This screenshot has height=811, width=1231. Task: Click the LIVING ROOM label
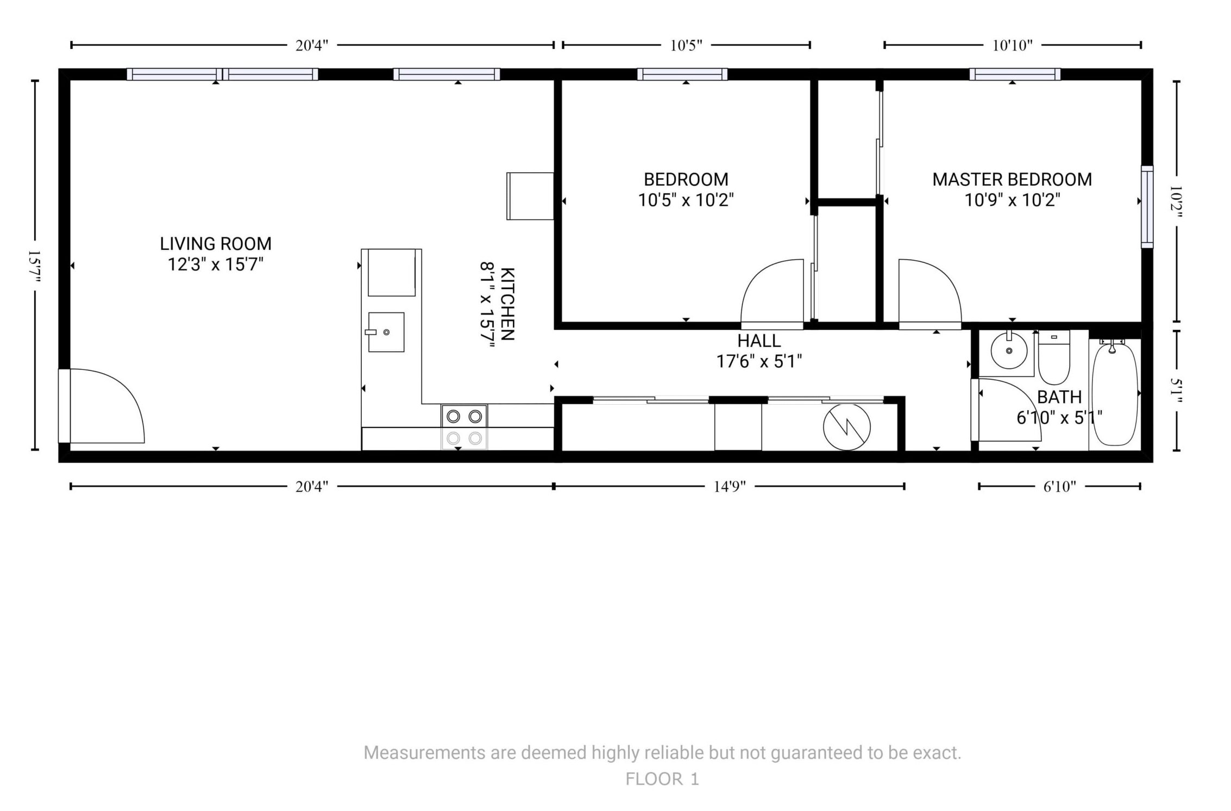tap(216, 243)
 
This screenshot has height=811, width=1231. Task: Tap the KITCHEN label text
tap(507, 304)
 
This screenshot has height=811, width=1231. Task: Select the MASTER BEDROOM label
tap(1012, 179)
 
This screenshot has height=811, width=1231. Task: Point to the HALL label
tap(759, 341)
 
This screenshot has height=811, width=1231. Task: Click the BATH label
tap(1059, 397)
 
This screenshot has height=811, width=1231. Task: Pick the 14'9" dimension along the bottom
tap(730, 486)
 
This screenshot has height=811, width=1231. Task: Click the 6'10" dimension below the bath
tap(1059, 486)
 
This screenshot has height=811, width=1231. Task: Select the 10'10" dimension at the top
tap(1012, 45)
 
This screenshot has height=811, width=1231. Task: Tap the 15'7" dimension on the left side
tap(35, 266)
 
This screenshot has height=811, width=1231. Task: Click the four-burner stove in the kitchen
tap(464, 427)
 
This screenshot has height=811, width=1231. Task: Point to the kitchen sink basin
tap(386, 332)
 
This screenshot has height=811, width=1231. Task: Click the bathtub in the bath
tap(1114, 394)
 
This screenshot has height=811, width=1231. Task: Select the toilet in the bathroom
tap(1054, 357)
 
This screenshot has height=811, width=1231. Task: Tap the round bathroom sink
tap(1009, 351)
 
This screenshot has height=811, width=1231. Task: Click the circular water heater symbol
tap(846, 427)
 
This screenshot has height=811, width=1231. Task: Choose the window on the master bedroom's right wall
tap(1147, 206)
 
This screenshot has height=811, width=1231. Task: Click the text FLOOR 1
tap(662, 779)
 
